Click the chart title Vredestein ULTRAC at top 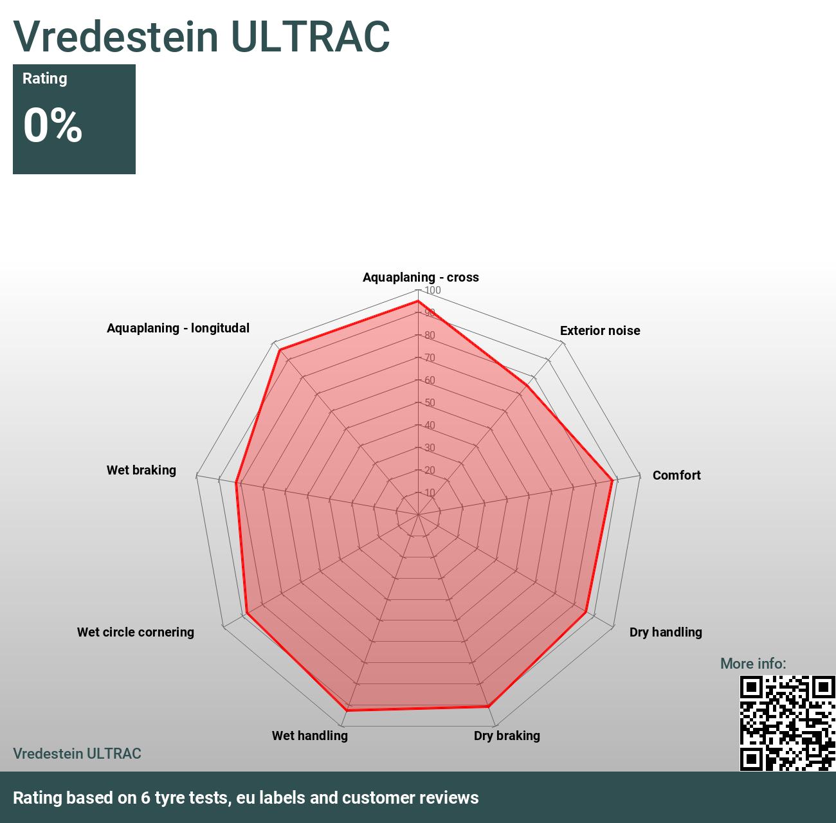click(x=201, y=36)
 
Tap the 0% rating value click(x=53, y=125)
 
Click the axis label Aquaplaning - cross click(x=421, y=277)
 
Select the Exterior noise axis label click(x=600, y=330)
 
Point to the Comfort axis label click(x=677, y=475)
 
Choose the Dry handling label click(x=666, y=632)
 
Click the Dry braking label click(x=507, y=736)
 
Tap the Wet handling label click(x=309, y=736)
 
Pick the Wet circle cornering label click(x=136, y=632)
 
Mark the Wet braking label click(x=141, y=470)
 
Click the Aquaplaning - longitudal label click(x=178, y=328)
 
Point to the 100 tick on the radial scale click(x=433, y=291)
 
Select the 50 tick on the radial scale click(x=430, y=403)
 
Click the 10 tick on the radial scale click(x=430, y=493)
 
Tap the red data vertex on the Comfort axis click(x=612, y=480)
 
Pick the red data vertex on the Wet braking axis click(x=237, y=482)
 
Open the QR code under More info click(x=787, y=723)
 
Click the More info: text click(x=753, y=664)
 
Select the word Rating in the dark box click(x=44, y=78)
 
